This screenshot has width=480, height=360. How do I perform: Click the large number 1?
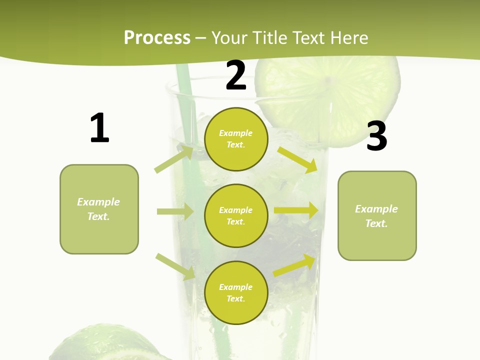(x=99, y=128)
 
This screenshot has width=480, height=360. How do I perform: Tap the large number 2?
(x=236, y=75)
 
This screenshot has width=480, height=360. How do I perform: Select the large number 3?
(x=376, y=136)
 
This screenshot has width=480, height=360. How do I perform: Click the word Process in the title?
(x=157, y=37)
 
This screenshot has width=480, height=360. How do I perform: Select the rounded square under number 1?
(x=99, y=209)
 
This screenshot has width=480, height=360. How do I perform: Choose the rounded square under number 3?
(x=377, y=215)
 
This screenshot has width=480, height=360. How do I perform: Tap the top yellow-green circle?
(x=236, y=139)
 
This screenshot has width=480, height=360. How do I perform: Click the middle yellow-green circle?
(x=236, y=215)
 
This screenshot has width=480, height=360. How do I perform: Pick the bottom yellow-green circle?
(x=236, y=292)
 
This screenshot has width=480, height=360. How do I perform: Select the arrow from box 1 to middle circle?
(x=175, y=211)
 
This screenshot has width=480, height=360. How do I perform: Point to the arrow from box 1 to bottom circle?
(x=175, y=266)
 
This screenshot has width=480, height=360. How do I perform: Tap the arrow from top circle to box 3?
(x=297, y=159)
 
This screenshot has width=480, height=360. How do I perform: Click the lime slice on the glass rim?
(x=330, y=95)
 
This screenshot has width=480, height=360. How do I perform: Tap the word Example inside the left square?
(x=98, y=202)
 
